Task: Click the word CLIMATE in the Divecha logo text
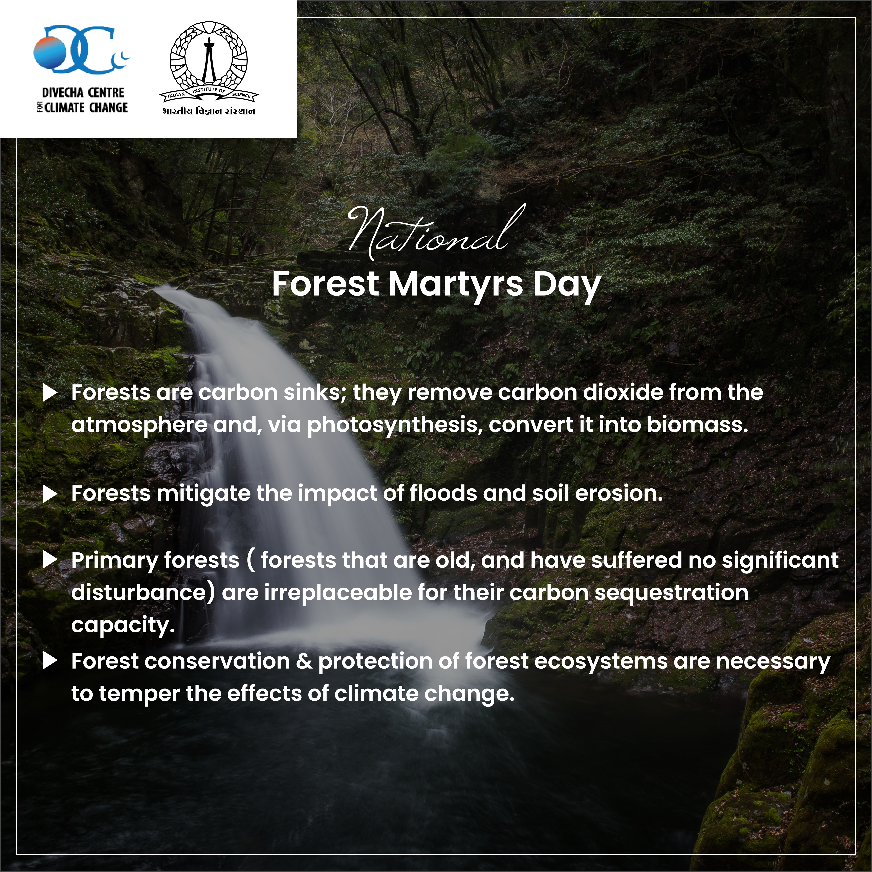tap(65, 107)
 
